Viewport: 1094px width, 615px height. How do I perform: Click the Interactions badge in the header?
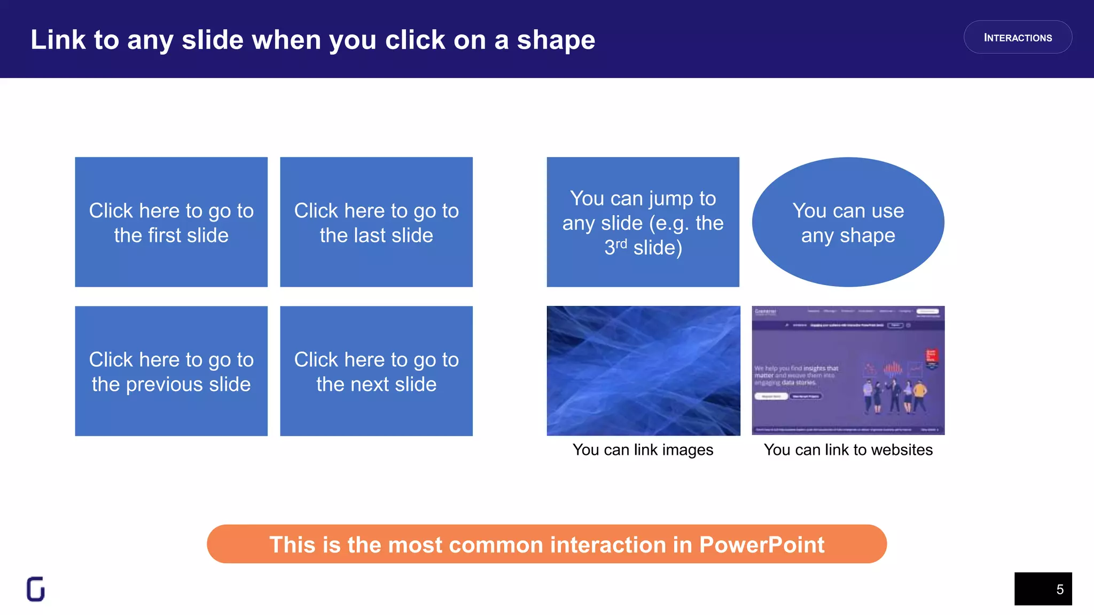pyautogui.click(x=1018, y=37)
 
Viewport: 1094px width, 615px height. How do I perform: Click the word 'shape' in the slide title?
pyautogui.click(x=556, y=41)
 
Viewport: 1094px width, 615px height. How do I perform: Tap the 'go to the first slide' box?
pyautogui.click(x=171, y=222)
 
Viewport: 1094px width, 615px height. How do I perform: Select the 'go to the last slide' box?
pyautogui.click(x=376, y=222)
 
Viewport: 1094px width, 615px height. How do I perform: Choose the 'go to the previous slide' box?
pyautogui.click(x=171, y=371)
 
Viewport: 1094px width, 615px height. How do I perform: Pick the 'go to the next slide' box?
pyautogui.click(x=376, y=371)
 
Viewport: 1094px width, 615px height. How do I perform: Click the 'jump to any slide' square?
pyautogui.click(x=643, y=222)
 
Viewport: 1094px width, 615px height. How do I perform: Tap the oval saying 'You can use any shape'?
pyautogui.click(x=848, y=222)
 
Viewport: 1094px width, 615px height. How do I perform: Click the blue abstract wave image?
pyautogui.click(x=643, y=370)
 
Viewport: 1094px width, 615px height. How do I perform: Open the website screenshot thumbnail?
pyautogui.click(x=848, y=370)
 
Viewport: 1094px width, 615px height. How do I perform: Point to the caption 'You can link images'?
pyautogui.click(x=643, y=450)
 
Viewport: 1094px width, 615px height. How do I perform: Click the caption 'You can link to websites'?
pyautogui.click(x=848, y=450)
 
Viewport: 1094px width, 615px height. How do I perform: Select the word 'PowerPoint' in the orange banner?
pyautogui.click(x=761, y=545)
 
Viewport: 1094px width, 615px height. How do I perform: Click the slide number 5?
pyautogui.click(x=1060, y=589)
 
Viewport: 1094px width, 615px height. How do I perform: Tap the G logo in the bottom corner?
pyautogui.click(x=36, y=589)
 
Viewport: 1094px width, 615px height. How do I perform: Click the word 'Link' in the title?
pyautogui.click(x=58, y=40)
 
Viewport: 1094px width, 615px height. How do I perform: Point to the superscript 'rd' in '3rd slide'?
pyautogui.click(x=621, y=244)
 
